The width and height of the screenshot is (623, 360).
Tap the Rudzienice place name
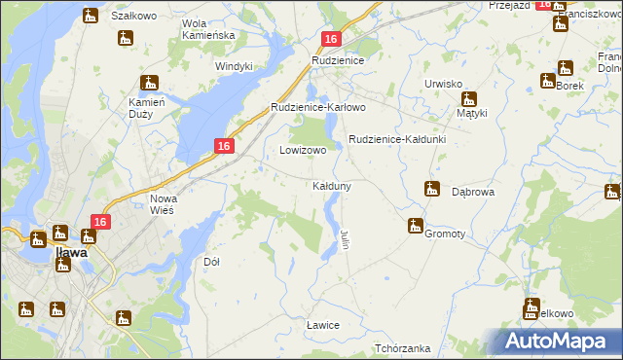[337, 60]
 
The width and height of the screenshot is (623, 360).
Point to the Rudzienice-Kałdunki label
[397, 139]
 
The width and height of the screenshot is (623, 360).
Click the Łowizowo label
[303, 151]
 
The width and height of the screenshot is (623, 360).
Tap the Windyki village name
[234, 66]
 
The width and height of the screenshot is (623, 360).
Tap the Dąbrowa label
[474, 193]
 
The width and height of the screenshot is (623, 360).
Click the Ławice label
[322, 325]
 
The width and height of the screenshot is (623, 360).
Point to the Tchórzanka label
[402, 348]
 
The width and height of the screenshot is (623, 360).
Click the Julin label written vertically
[346, 238]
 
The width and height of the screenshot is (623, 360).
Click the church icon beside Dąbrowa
[432, 189]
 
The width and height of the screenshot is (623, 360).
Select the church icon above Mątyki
[468, 98]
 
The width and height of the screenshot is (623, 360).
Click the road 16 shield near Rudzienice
[331, 39]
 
